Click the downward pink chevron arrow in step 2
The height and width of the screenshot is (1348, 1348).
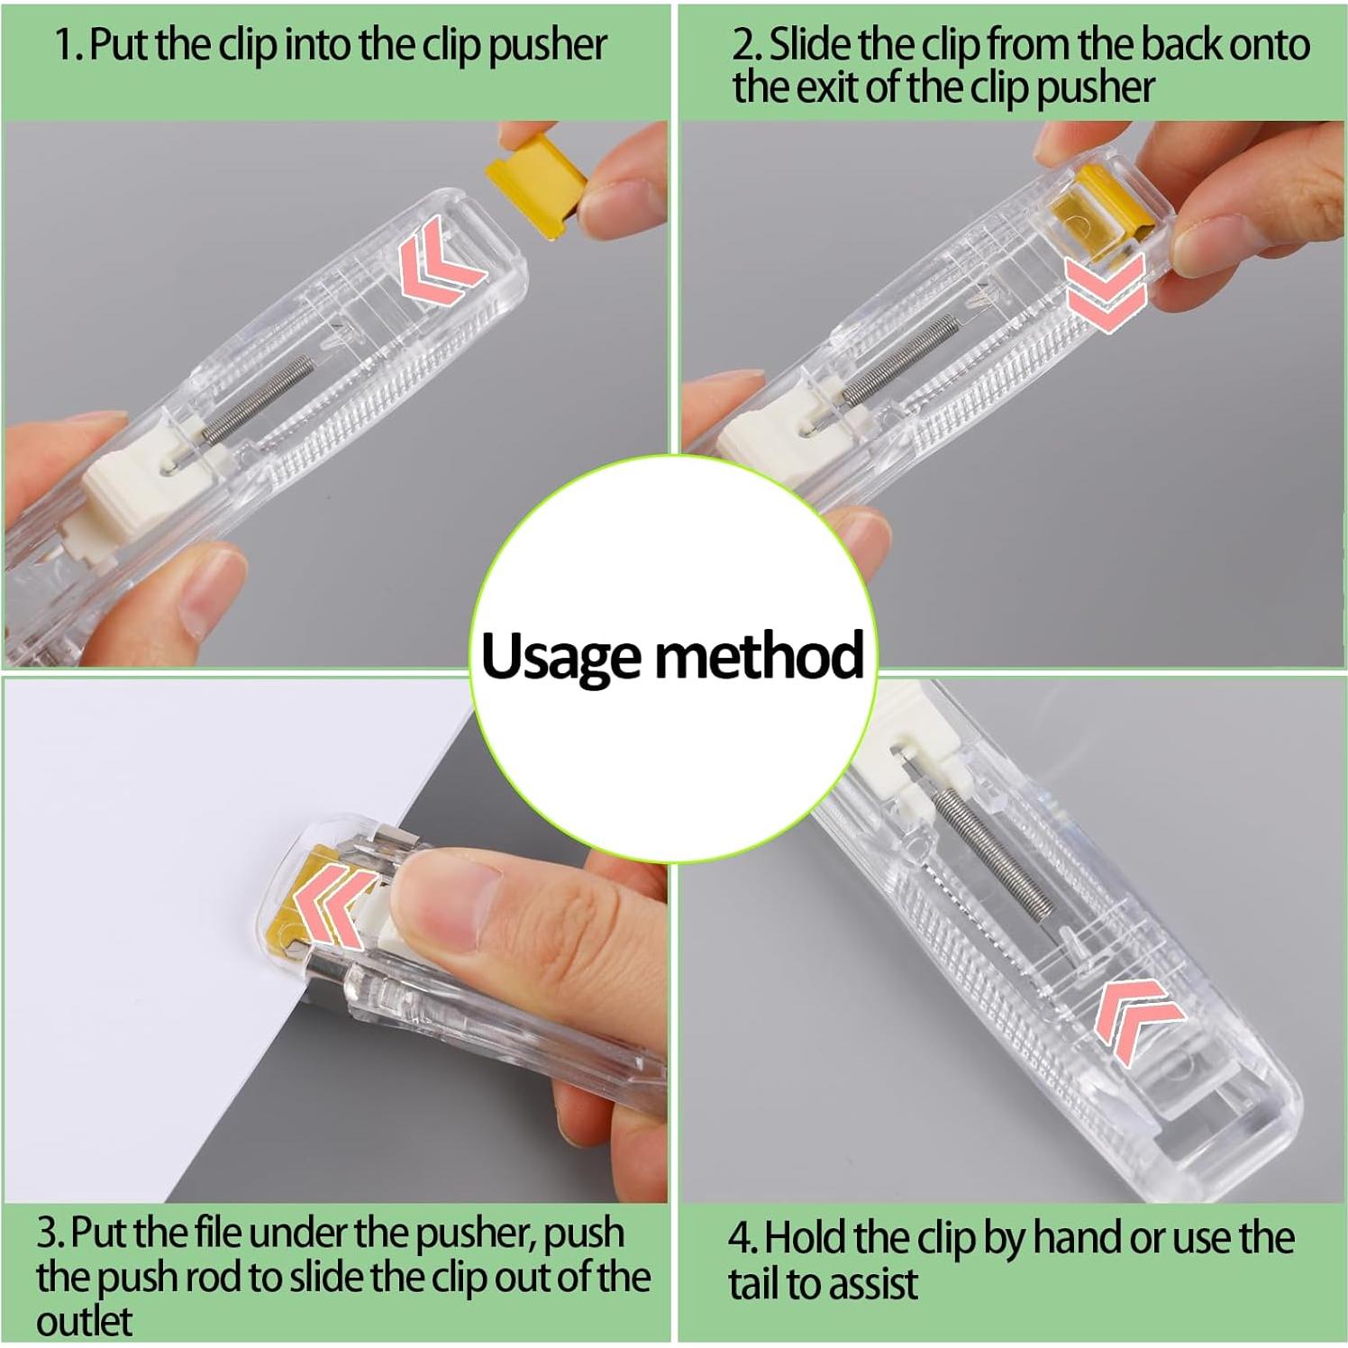[1105, 288]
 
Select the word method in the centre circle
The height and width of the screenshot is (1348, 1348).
[759, 655]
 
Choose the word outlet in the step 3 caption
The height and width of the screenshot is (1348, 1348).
[84, 1322]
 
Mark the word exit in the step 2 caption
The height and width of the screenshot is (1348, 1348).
[825, 87]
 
